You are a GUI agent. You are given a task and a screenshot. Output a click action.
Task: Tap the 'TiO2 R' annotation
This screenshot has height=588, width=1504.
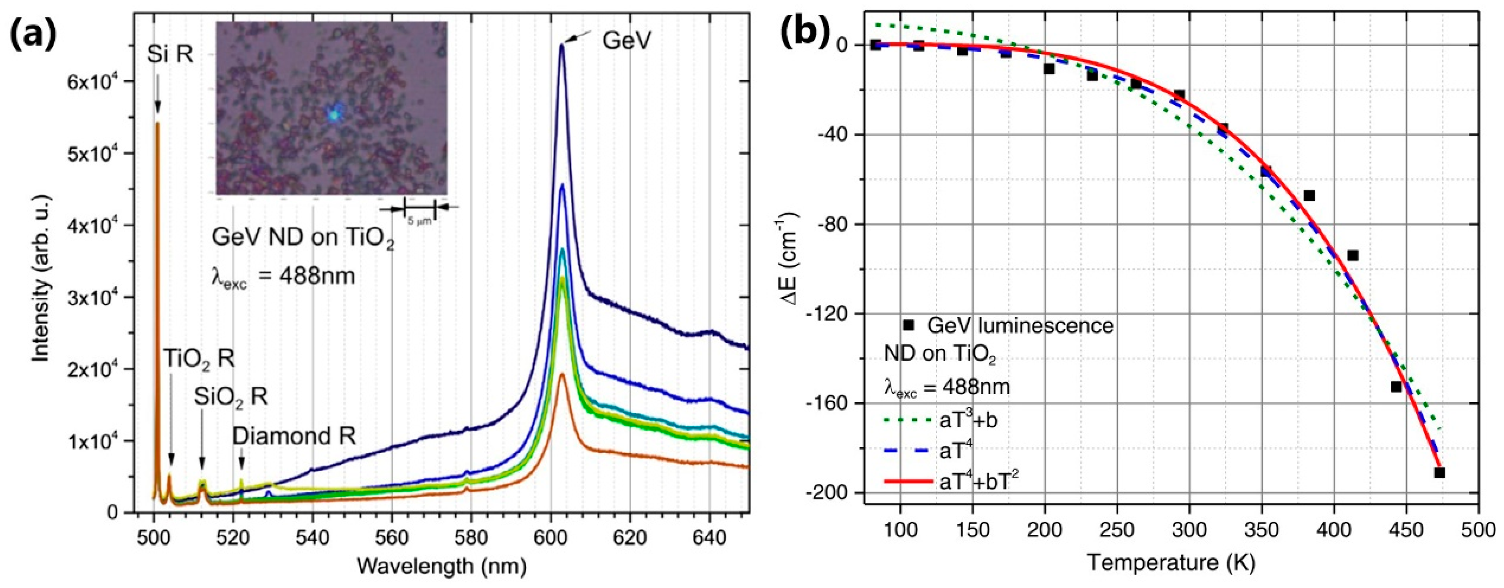199,359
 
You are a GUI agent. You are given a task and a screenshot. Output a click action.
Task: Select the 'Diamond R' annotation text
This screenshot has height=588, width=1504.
294,436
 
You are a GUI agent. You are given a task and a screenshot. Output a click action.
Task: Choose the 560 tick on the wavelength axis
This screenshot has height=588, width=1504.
392,535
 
